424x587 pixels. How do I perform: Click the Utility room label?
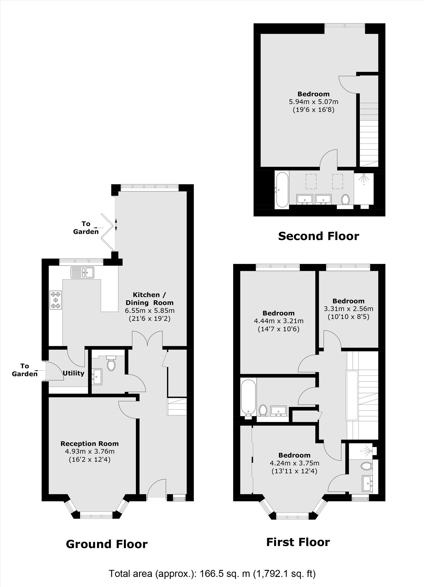coord(73,373)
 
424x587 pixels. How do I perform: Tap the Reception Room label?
coord(90,444)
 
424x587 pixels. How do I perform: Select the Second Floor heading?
coord(319,236)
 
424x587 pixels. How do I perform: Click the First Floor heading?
coord(298,542)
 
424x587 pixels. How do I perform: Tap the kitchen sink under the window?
coord(82,272)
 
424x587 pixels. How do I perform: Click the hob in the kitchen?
coord(56,300)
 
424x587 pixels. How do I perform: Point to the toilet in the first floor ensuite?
coord(367,466)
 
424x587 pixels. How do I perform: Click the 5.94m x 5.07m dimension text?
coord(314,102)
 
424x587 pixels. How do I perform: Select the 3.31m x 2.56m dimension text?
coord(349,309)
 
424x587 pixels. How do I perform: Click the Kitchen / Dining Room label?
coord(149,299)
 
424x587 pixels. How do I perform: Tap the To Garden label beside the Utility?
coord(25,370)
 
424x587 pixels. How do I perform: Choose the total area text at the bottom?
coord(212,573)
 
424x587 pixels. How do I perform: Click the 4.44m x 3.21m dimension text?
coord(279,321)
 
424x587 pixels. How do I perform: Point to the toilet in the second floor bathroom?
coord(346,200)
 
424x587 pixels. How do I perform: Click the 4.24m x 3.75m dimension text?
coord(295,463)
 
